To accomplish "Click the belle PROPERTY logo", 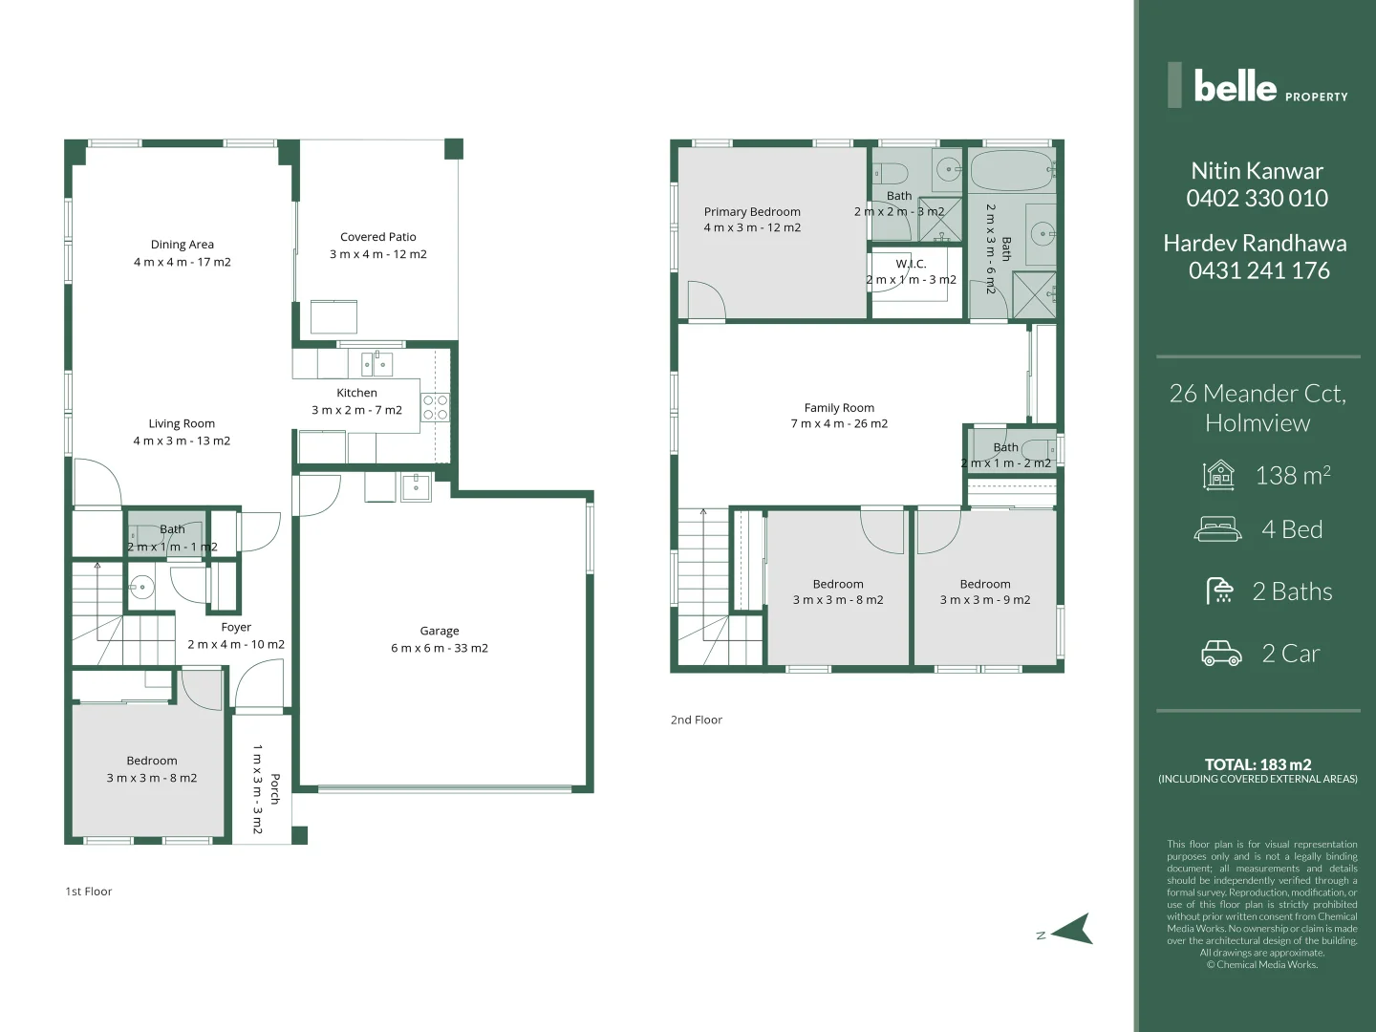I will tap(1258, 86).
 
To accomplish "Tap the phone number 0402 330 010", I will tap(1258, 199).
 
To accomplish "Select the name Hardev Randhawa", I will tap(1255, 244).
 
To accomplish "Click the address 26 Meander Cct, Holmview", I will tap(1258, 408).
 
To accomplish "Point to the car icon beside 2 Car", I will tap(1221, 654).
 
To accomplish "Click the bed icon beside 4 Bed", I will tap(1218, 529).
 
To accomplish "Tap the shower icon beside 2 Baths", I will tap(1220, 591).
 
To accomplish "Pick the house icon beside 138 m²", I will tap(1219, 475).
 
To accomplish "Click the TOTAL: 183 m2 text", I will tap(1258, 764).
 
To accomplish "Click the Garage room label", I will tap(440, 631).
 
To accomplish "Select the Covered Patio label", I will tap(378, 237).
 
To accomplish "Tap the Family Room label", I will tap(839, 408).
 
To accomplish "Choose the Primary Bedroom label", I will tap(752, 212).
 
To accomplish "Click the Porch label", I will tap(275, 789).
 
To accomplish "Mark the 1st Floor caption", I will tap(89, 892).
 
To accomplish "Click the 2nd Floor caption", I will tap(697, 720).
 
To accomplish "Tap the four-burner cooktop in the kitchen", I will tap(435, 408).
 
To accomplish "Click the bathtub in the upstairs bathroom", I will tap(1011, 172).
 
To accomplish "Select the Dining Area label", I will tap(183, 245).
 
